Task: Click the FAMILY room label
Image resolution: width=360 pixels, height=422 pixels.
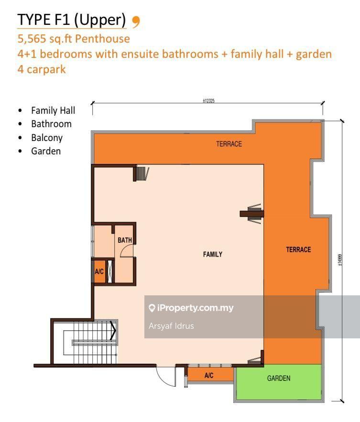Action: click(x=212, y=254)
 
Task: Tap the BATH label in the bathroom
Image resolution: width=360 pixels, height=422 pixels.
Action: click(x=125, y=240)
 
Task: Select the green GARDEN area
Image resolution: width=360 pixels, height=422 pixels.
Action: click(x=279, y=382)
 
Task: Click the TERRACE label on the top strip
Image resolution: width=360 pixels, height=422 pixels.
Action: click(x=229, y=144)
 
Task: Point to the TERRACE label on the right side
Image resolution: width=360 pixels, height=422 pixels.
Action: click(x=298, y=250)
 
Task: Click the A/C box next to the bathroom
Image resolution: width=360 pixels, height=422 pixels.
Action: click(x=99, y=271)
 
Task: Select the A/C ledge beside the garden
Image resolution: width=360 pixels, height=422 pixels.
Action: click(x=209, y=375)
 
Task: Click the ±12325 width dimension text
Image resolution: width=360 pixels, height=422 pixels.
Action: click(x=208, y=101)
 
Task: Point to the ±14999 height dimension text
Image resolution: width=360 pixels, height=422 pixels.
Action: click(x=340, y=260)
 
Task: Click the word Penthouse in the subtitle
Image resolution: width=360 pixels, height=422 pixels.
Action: click(x=102, y=39)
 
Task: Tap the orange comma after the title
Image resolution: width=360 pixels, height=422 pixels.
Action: click(x=136, y=22)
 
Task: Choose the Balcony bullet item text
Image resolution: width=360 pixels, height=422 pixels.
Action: click(x=47, y=138)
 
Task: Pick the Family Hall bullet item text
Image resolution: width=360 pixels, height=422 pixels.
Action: click(x=53, y=110)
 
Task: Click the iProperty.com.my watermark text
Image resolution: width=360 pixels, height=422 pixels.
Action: click(x=195, y=308)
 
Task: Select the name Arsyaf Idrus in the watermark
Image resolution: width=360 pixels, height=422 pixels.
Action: click(x=171, y=326)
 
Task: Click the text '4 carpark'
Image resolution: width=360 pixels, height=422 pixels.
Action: click(x=42, y=69)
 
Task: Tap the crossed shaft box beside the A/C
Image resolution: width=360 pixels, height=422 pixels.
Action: click(x=110, y=271)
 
